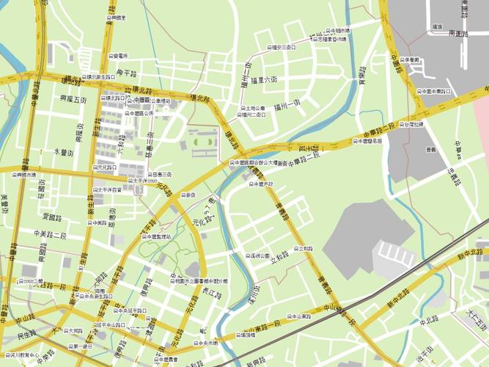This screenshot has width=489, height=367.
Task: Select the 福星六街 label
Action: pyautogui.click(x=263, y=79)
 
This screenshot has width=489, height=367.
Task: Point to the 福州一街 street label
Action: pyautogui.click(x=287, y=106)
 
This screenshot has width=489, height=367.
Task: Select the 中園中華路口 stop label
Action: pyautogui.click(x=433, y=92)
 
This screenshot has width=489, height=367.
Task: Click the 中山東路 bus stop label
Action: pyautogui.click(x=295, y=317)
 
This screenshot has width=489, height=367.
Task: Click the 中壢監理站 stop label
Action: pyautogui.click(x=155, y=237)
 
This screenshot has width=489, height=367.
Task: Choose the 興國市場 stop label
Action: pyautogui.click(x=24, y=175)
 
